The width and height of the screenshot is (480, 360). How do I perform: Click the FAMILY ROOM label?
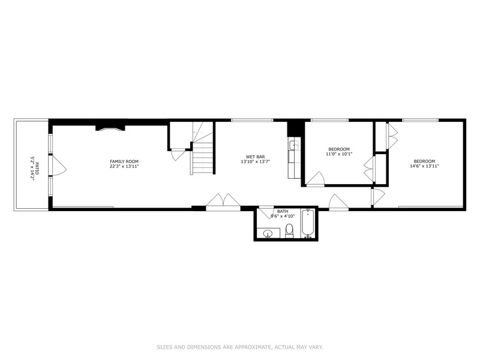pyautogui.click(x=124, y=161)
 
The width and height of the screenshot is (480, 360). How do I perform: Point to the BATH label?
pyautogui.click(x=282, y=211)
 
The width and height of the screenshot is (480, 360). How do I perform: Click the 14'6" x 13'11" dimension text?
pyautogui.click(x=424, y=166)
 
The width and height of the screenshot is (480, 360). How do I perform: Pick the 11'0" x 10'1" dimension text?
pyautogui.click(x=339, y=154)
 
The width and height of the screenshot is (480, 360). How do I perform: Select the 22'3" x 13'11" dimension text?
pyautogui.click(x=124, y=167)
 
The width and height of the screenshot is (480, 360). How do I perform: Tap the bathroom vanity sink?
pyautogui.click(x=269, y=233)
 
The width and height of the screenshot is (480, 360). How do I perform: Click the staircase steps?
pyautogui.click(x=203, y=157)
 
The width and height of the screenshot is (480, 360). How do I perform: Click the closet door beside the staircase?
pyautogui.click(x=178, y=154)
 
